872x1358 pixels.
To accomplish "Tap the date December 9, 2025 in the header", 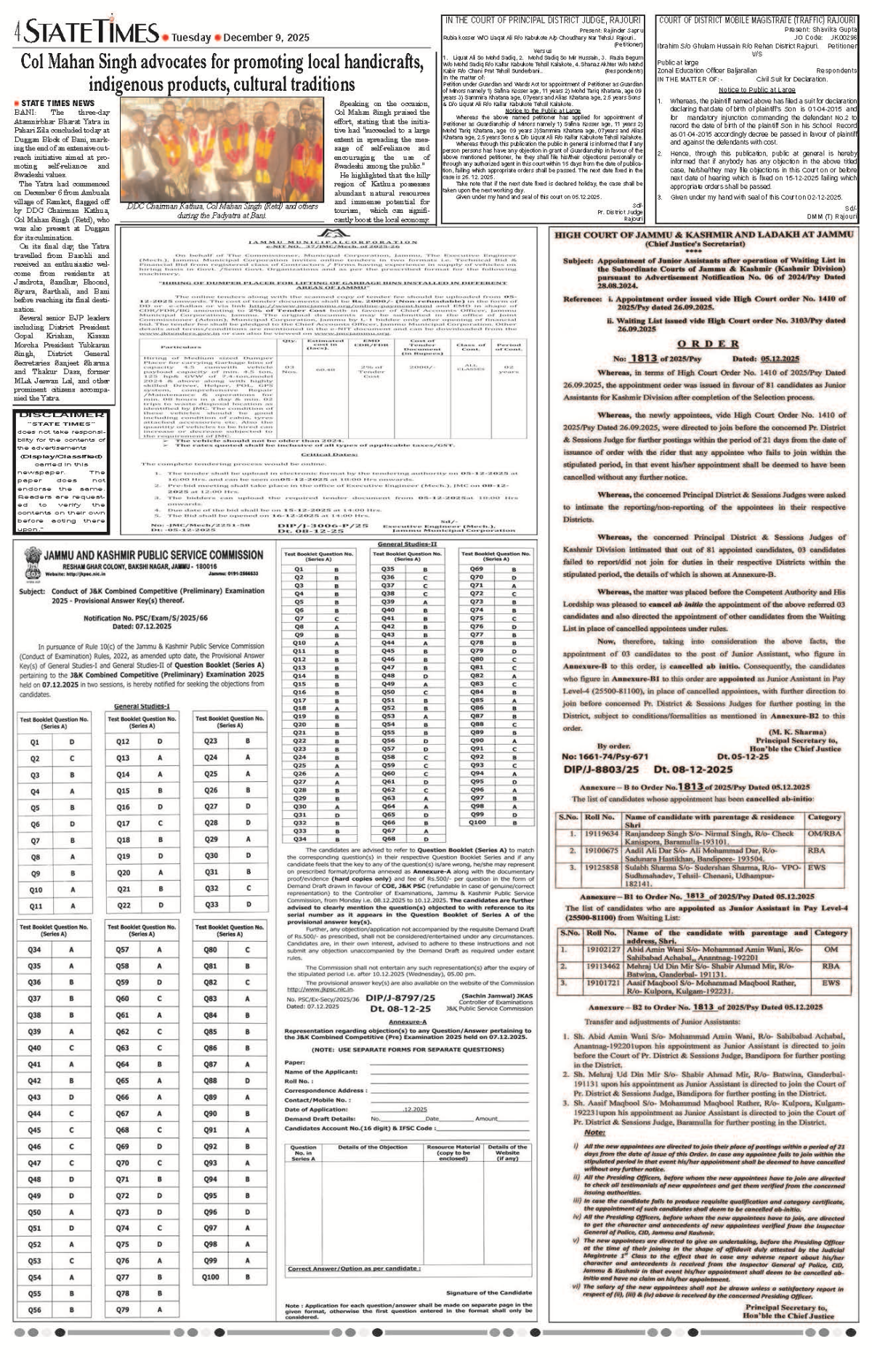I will [x=266, y=38].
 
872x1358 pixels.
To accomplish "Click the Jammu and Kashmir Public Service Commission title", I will [x=153, y=555].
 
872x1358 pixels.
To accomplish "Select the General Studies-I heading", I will [x=142, y=706].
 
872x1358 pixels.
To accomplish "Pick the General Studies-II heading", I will [x=407, y=544].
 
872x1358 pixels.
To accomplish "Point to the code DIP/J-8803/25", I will [x=600, y=769].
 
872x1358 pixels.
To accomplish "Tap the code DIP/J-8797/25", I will [x=400, y=998].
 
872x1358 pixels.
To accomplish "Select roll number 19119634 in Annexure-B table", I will [x=601, y=833].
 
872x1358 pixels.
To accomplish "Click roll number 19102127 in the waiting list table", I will [x=602, y=949].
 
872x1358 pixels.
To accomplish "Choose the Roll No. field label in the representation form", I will [x=299, y=1081].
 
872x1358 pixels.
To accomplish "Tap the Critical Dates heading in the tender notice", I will [x=331, y=454].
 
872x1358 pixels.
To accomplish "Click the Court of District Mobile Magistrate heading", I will [x=757, y=20].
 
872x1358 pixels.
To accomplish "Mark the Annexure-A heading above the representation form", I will [x=407, y=1022].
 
